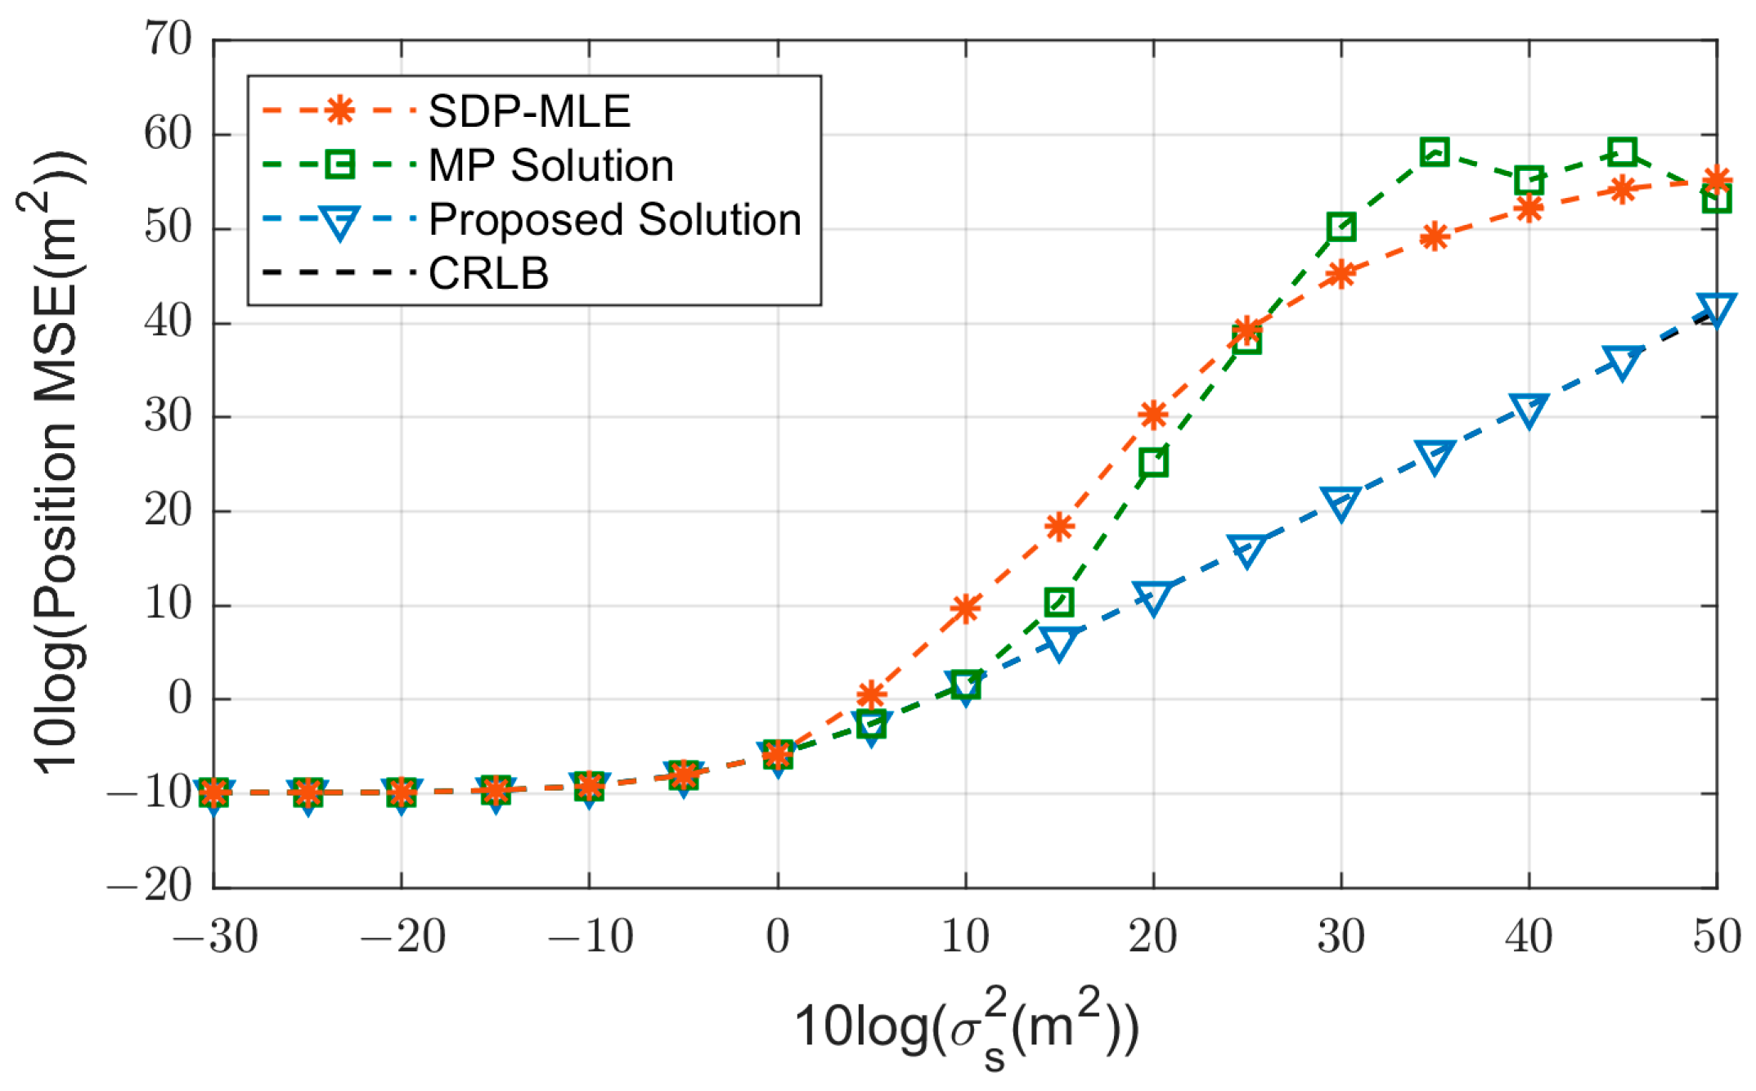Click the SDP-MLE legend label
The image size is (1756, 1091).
[x=529, y=111]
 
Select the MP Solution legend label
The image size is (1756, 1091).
[x=551, y=165]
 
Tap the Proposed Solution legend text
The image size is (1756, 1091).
[x=615, y=219]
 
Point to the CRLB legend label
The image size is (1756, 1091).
[x=488, y=273]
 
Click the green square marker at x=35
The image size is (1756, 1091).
[x=1435, y=152]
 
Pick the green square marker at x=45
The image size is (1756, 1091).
[x=1622, y=152]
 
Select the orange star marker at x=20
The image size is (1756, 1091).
[x=1153, y=415]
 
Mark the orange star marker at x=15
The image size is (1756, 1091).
[x=1059, y=527]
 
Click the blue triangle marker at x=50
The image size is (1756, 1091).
[x=1715, y=309]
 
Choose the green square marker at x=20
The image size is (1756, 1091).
[x=1153, y=462]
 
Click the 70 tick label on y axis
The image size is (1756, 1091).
[x=168, y=39]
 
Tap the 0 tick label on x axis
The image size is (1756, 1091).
[x=778, y=936]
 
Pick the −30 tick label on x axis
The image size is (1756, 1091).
[x=215, y=936]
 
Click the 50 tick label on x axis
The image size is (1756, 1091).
[x=1716, y=936]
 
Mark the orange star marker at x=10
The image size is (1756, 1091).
[x=966, y=608]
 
